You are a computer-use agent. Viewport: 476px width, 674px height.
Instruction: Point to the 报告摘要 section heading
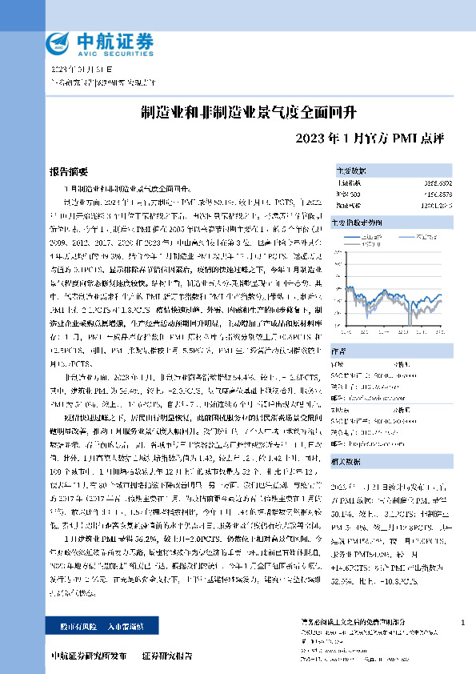tap(69, 172)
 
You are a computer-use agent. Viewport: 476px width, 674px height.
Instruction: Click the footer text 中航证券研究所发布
tap(88, 656)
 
